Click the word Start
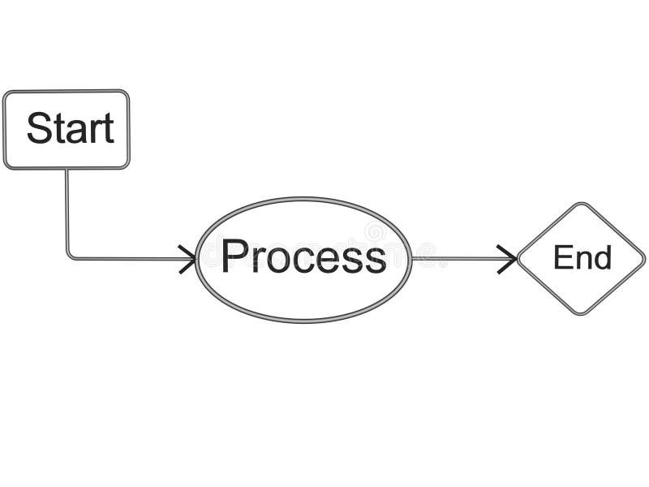click(70, 128)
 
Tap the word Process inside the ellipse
click(303, 257)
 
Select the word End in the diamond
click(582, 258)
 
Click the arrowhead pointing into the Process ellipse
click(190, 259)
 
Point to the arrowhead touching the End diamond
click(509, 259)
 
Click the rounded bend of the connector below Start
click(69, 256)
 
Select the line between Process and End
click(458, 259)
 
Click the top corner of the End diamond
click(581, 205)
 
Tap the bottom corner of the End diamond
click(581, 312)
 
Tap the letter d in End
click(602, 258)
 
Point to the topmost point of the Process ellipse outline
click(303, 199)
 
